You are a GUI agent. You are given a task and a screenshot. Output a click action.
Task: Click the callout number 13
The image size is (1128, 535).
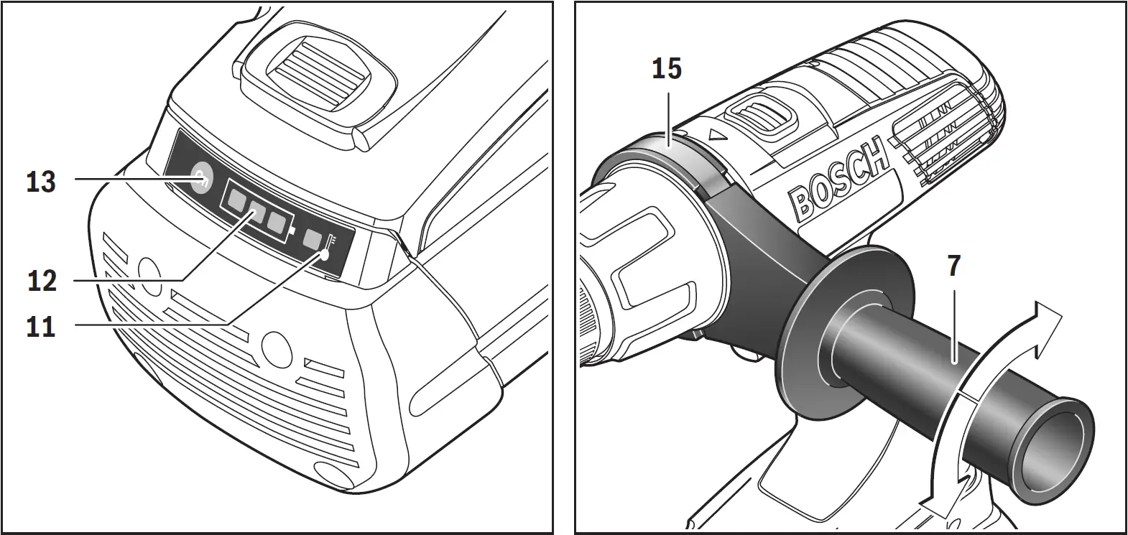tap(41, 182)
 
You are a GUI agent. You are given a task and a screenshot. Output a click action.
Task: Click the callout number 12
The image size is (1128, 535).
tap(41, 280)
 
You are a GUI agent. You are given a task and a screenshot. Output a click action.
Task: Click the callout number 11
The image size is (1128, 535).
tap(41, 327)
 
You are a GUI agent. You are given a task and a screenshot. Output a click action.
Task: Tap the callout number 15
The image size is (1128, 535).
tap(667, 70)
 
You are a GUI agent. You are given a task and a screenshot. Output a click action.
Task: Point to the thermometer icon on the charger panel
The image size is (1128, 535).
tap(328, 247)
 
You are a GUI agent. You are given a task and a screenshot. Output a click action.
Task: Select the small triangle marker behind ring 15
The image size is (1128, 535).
tap(715, 134)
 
